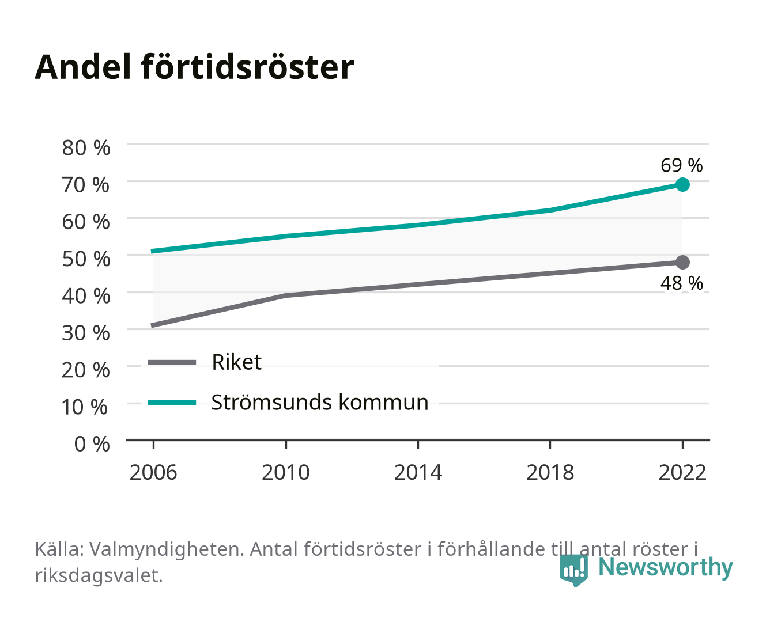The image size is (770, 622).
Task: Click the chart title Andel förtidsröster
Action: (194, 67)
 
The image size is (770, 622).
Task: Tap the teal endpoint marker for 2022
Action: (682, 184)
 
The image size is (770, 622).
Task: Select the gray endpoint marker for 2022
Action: (682, 262)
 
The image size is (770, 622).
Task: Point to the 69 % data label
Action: (681, 165)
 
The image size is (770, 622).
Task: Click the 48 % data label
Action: (681, 283)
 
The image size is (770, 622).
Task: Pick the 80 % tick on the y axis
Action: (86, 148)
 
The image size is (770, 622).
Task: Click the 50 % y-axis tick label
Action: (86, 259)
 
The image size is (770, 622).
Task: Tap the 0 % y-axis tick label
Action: (92, 444)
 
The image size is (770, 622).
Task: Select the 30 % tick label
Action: (86, 333)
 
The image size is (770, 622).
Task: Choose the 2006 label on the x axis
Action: (153, 472)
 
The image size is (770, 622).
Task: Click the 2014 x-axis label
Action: (418, 472)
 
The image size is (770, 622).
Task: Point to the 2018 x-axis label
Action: (550, 472)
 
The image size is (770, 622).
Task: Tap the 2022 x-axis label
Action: (682, 472)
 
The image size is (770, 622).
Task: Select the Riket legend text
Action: (236, 362)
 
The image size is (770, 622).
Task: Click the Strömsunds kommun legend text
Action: (320, 403)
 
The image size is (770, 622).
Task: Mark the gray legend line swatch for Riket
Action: (172, 362)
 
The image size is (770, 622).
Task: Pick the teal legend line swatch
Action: (172, 403)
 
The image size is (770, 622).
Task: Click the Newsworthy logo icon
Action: (573, 570)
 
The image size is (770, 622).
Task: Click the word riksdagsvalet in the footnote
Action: (99, 575)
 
